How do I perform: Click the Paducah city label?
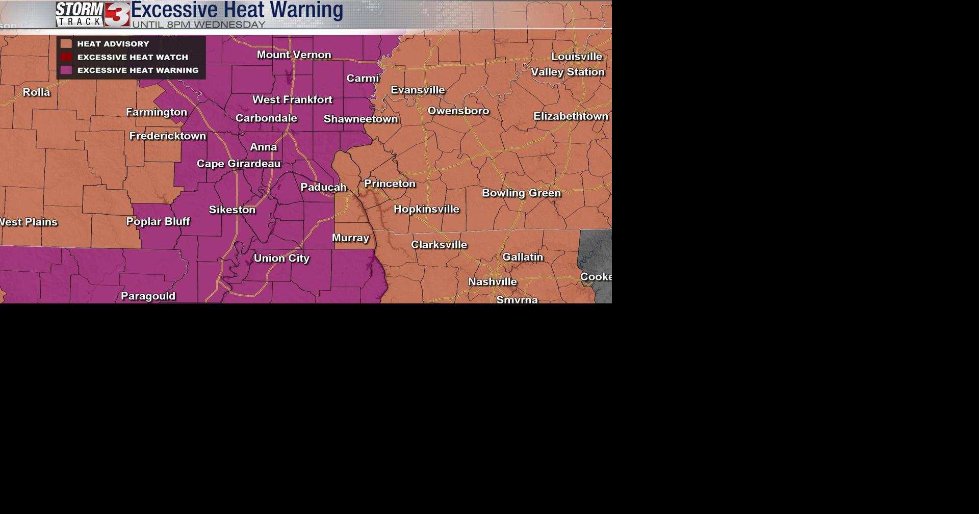tap(323, 187)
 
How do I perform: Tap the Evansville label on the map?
tap(418, 90)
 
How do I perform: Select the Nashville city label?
tap(492, 281)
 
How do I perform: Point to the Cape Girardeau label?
tap(239, 164)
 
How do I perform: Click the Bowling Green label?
tap(521, 193)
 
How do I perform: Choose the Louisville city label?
tap(576, 57)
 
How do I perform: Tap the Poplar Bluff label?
tap(158, 221)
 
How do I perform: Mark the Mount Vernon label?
tap(294, 55)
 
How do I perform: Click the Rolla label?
tap(36, 92)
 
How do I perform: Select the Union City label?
tap(281, 258)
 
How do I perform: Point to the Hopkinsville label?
tap(426, 209)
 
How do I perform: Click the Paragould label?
tap(148, 296)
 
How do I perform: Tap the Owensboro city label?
tap(458, 111)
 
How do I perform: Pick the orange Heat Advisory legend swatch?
tap(66, 44)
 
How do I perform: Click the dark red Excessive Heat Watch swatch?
tap(66, 57)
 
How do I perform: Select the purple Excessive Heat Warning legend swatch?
tap(66, 70)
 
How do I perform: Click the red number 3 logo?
tap(118, 14)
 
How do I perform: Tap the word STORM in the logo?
tap(80, 9)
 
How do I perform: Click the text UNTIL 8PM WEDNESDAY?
tap(199, 24)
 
